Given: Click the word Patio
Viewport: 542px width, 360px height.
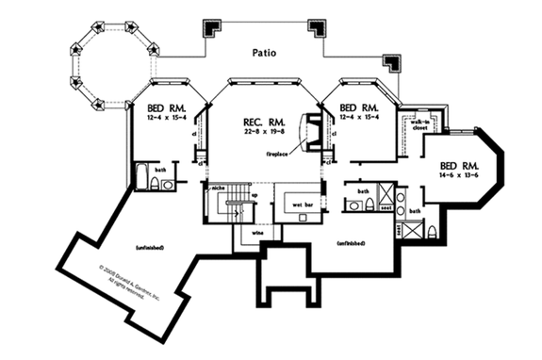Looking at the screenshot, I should pyautogui.click(x=265, y=53).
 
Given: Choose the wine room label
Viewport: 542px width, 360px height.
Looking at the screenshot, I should pyautogui.click(x=255, y=232).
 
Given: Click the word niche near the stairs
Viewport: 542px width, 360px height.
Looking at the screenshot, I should pyautogui.click(x=218, y=188).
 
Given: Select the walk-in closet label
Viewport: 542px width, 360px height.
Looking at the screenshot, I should pyautogui.click(x=419, y=124).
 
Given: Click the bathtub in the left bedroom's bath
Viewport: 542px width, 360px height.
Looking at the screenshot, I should pyautogui.click(x=141, y=178).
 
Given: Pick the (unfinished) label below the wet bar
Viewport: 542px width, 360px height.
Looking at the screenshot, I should pyautogui.click(x=350, y=243).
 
